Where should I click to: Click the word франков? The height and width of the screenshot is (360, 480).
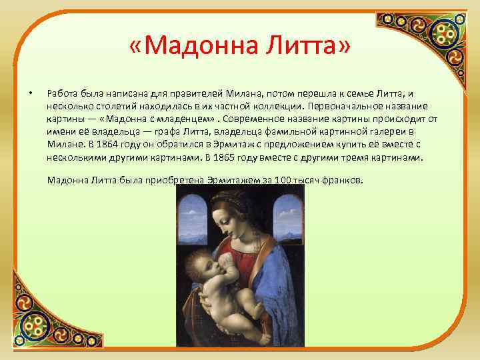pos(345,180)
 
